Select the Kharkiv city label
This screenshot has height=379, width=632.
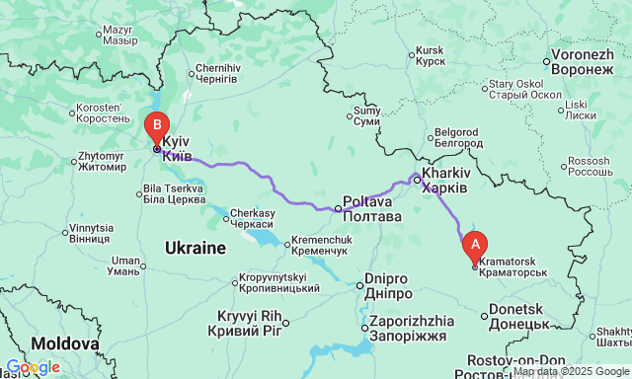pyautogui.click(x=442, y=179)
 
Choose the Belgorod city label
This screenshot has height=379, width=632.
pyautogui.click(x=457, y=137)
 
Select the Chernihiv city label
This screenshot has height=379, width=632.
pyautogui.click(x=217, y=73)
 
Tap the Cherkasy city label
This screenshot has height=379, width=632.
pyautogui.click(x=253, y=219)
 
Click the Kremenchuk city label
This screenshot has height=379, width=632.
pyautogui.click(x=319, y=247)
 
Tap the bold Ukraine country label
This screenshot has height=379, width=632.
pyautogui.click(x=196, y=247)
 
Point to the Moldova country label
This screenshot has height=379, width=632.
pyautogui.click(x=64, y=343)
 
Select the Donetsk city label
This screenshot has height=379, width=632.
pyautogui.click(x=518, y=316)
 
